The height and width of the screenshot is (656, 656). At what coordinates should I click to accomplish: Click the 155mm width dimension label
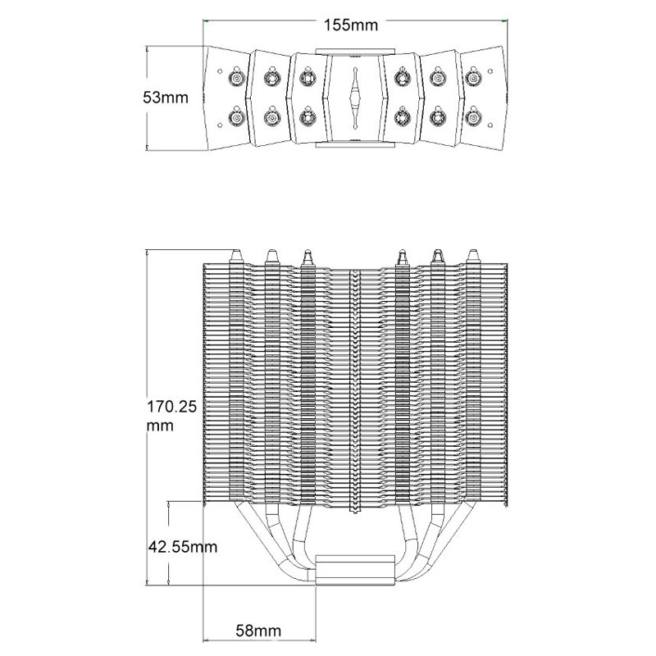pos(351,25)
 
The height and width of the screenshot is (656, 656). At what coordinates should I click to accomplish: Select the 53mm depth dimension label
pos(166,98)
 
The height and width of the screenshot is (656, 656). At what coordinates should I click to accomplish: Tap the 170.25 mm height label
pos(171,416)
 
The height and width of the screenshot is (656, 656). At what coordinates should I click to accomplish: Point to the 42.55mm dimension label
pos(183,547)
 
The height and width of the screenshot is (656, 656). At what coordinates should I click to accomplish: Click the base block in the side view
pos(355,569)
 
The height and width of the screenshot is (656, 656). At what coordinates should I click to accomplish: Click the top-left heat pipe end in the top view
pos(236,78)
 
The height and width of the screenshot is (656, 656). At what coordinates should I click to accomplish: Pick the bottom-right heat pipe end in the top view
pos(473,118)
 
